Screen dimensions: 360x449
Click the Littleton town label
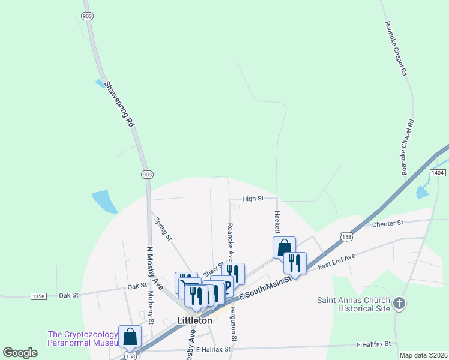(x=194, y=320)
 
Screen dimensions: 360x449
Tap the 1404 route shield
(x=438, y=173)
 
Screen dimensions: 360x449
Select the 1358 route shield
(x=38, y=296)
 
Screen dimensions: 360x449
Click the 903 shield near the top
(x=88, y=16)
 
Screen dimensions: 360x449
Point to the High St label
(x=253, y=199)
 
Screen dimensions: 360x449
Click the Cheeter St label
(x=388, y=223)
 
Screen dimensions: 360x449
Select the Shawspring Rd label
(x=119, y=104)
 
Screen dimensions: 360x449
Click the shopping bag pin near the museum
(x=130, y=337)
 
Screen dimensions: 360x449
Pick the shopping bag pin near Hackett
(x=284, y=247)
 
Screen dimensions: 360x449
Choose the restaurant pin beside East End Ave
(x=295, y=263)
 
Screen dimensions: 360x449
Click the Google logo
(x=20, y=353)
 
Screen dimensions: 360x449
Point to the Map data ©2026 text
(x=423, y=355)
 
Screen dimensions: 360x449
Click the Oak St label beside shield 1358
(x=69, y=295)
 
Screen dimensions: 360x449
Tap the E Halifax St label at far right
(x=373, y=344)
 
